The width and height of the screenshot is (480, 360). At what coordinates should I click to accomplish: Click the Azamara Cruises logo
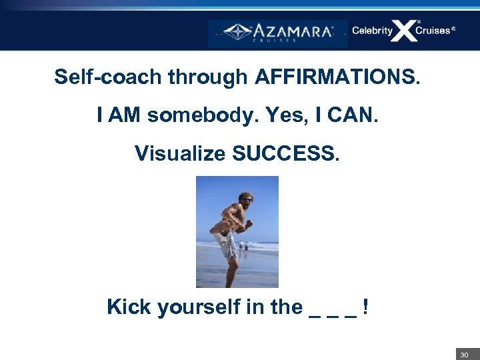tap(277, 31)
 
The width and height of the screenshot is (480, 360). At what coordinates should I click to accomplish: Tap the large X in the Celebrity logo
tap(403, 31)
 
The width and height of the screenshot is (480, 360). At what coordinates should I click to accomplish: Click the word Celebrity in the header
tap(372, 31)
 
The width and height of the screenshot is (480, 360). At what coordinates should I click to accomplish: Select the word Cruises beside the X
tap(433, 31)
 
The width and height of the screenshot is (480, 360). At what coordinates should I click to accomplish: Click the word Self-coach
tap(108, 77)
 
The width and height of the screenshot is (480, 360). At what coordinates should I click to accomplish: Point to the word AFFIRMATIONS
tap(337, 77)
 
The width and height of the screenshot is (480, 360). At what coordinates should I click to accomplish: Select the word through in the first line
tap(207, 77)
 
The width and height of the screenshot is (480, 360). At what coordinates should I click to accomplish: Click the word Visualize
tap(180, 153)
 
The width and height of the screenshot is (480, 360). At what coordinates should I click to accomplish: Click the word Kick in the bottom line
tap(129, 307)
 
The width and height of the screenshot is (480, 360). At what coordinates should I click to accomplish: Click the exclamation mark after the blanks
tap(366, 307)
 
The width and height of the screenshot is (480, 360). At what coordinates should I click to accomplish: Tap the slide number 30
tap(464, 355)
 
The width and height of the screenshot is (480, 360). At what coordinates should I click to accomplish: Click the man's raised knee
tap(215, 231)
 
